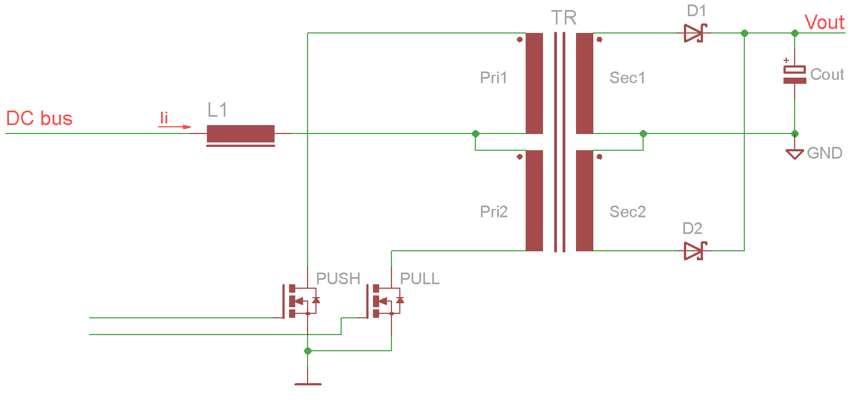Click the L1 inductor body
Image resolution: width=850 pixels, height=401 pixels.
(240, 134)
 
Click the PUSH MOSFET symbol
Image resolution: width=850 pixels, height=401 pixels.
(300, 301)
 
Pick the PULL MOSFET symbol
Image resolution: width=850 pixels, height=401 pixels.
(384, 301)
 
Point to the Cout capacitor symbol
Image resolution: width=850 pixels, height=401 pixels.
(795, 75)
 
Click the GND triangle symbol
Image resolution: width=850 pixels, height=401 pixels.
(795, 154)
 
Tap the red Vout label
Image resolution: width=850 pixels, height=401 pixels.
(825, 22)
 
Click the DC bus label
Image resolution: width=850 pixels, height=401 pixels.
(39, 118)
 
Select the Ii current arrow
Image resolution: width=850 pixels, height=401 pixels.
(174, 127)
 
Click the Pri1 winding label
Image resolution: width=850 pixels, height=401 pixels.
(493, 78)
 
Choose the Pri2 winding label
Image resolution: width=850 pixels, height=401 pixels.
(494, 212)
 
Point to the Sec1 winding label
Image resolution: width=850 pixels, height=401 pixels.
(627, 78)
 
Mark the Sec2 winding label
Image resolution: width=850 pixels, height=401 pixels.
(627, 212)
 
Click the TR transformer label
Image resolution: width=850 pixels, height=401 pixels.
(564, 18)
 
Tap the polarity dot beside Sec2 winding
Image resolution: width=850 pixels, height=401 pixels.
(599, 156)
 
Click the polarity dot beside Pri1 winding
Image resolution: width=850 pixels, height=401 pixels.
(520, 40)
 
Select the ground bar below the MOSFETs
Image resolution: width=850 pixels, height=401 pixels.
(308, 384)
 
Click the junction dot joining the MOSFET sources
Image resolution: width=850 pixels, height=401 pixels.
(308, 351)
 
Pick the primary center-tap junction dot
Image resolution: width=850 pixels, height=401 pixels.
(475, 134)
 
